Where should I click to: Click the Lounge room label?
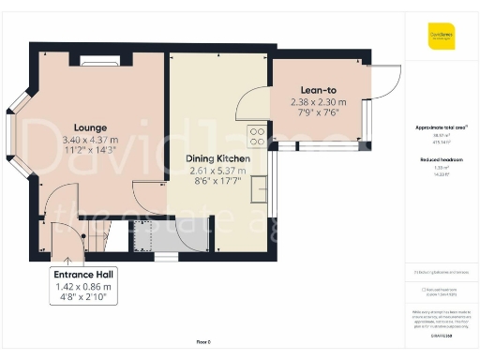91,127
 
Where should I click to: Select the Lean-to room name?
318,90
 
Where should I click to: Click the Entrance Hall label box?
84,285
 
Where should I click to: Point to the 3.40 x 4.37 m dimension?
91,139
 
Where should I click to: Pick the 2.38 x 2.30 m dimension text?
318,101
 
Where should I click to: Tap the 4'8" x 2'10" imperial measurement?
84,297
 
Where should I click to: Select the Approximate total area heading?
441,127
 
